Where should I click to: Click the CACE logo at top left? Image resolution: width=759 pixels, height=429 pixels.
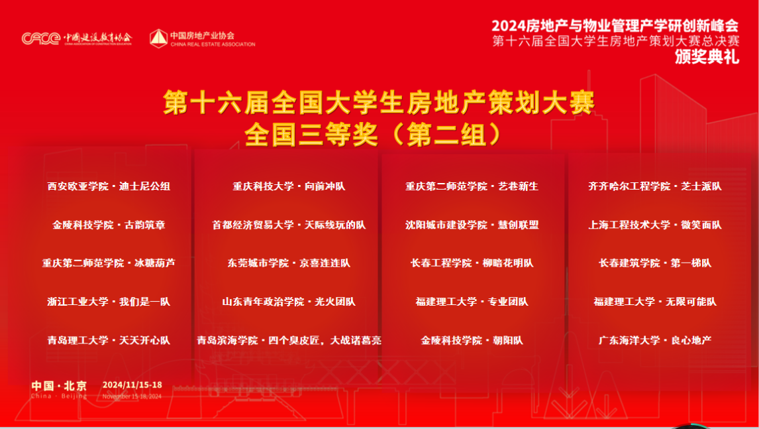pos(41,38)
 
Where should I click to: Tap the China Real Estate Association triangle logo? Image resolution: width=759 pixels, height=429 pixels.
pos(158,38)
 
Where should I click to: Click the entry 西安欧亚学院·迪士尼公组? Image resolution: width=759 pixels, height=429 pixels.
pos(109,186)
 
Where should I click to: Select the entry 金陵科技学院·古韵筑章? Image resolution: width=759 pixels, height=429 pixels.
pos(109,225)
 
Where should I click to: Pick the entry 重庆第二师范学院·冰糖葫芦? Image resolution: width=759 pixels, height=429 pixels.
pos(109,263)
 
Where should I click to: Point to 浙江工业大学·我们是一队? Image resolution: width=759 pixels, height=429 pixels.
pos(109,302)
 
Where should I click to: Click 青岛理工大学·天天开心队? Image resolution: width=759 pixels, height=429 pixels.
pos(109,340)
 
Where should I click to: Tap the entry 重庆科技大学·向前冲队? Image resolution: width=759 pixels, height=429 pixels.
pos(289,186)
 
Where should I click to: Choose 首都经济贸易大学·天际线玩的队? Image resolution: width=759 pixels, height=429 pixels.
pos(289,225)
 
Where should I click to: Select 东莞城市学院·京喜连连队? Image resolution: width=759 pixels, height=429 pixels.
pos(289,263)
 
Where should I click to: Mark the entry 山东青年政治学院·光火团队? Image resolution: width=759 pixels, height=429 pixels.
pos(289,302)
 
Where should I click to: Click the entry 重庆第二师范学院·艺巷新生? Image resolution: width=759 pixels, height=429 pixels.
pos(472,186)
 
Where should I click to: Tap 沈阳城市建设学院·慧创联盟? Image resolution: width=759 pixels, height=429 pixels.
pos(472,225)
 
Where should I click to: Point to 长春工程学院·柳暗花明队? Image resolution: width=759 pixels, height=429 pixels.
pos(472,263)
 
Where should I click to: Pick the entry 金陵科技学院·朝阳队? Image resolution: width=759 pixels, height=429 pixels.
pos(472,340)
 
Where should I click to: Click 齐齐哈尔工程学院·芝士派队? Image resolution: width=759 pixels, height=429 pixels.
pos(655,186)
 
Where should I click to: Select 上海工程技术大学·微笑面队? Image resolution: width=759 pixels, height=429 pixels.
pos(655,225)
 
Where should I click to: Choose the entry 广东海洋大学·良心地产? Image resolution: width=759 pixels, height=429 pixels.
pos(655,340)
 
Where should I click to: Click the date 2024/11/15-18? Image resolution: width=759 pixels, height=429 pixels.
pos(132,385)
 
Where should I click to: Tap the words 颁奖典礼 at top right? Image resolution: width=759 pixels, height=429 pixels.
pos(707,57)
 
